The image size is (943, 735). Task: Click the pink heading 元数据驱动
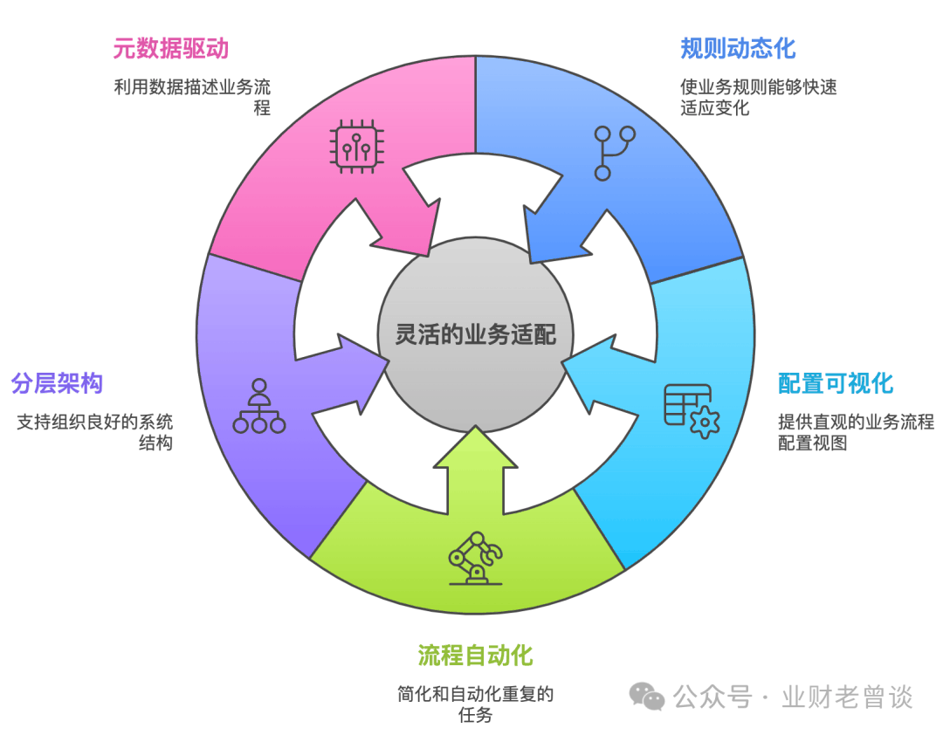click(170, 49)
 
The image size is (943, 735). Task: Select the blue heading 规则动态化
click(738, 48)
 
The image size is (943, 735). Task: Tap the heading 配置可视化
click(836, 383)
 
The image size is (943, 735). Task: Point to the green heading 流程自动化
click(475, 655)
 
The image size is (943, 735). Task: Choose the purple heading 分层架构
click(57, 383)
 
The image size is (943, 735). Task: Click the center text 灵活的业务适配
click(475, 335)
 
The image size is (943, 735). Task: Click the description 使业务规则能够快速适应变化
click(758, 98)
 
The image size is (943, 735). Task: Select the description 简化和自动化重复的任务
click(475, 704)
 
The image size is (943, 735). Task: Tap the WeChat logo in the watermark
click(648, 696)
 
